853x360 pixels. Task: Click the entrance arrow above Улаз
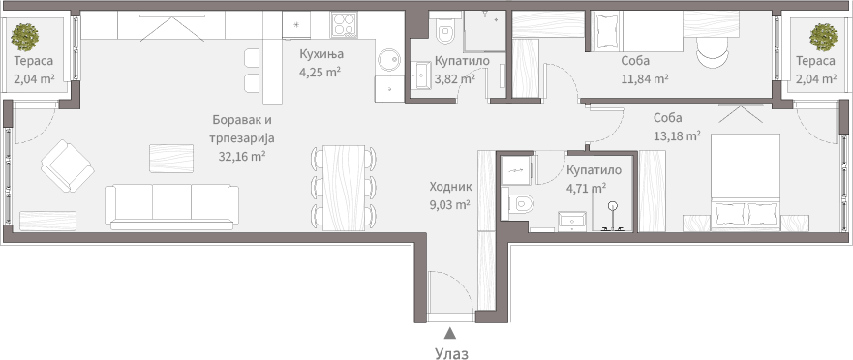click(449, 332)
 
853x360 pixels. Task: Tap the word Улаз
click(451, 353)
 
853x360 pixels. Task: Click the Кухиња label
click(321, 54)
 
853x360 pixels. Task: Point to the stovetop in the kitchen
click(344, 25)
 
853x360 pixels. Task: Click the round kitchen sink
click(389, 60)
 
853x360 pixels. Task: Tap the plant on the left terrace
click(25, 36)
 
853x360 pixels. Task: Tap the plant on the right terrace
click(823, 37)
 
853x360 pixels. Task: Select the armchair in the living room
click(68, 165)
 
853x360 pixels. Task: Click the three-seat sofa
click(172, 207)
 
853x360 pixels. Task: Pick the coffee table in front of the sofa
click(171, 159)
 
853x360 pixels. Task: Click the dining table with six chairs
click(344, 188)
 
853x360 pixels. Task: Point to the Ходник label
click(450, 187)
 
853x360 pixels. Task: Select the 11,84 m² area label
click(645, 79)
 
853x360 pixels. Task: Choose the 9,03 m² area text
click(450, 205)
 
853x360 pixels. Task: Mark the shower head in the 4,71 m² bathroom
click(613, 206)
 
